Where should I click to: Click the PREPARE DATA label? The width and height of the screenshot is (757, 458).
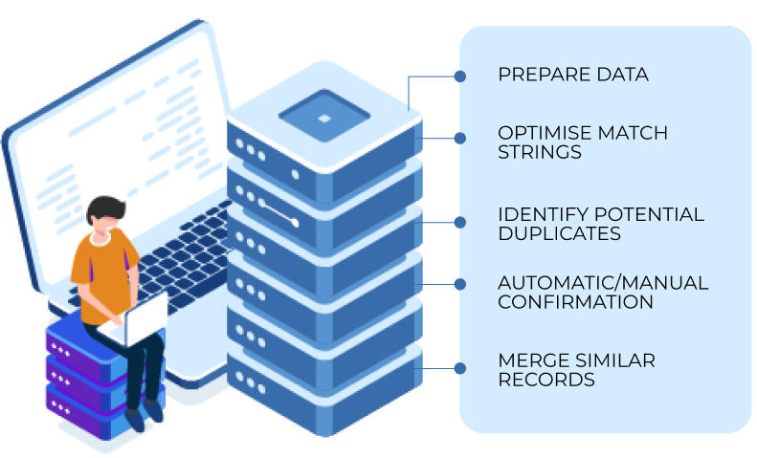tap(572, 75)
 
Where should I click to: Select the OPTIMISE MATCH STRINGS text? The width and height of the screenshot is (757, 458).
tap(582, 142)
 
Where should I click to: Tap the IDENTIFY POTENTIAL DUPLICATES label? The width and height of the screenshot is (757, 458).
tap(600, 224)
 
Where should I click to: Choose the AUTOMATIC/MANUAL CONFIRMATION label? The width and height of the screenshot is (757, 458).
tap(603, 293)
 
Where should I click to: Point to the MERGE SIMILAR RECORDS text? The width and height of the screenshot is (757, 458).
tap(576, 370)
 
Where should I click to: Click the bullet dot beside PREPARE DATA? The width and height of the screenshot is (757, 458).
tap(460, 76)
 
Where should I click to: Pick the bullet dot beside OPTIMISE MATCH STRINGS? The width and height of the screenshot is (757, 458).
tap(460, 139)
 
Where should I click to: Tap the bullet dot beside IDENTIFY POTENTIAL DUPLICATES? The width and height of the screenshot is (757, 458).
tap(460, 222)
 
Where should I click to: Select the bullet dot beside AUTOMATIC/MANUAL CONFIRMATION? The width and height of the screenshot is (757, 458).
tap(460, 284)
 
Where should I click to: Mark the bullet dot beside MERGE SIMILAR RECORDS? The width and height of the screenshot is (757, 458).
tap(460, 367)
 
